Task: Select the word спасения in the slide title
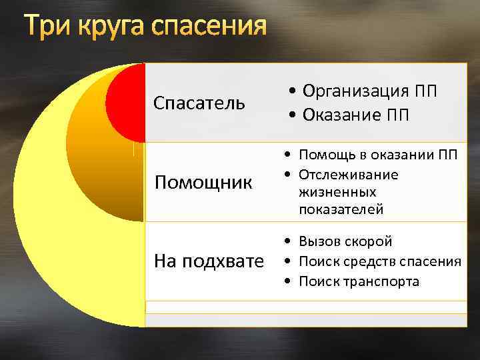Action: pyautogui.click(x=209, y=28)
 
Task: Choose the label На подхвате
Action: pyautogui.click(x=209, y=261)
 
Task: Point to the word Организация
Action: pyautogui.click(x=357, y=91)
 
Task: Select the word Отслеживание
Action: pyautogui.click(x=349, y=175)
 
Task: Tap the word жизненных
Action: pyautogui.click(x=337, y=192)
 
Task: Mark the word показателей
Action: pyautogui.click(x=341, y=209)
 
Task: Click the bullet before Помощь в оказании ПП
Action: pyautogui.click(x=285, y=156)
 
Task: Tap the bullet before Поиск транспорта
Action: pyautogui.click(x=285, y=282)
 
